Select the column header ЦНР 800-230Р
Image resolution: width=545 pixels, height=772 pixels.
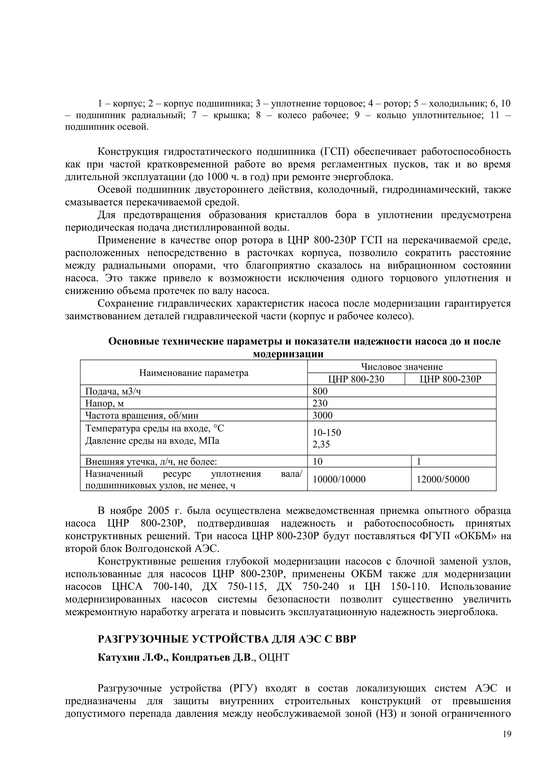pos(450,379)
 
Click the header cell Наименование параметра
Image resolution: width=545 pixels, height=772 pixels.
pos(194,373)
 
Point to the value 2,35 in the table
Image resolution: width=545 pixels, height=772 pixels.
pos(321,445)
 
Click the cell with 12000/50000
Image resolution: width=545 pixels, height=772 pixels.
pos(443,480)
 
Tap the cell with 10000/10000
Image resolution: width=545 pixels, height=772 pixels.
pos(339,480)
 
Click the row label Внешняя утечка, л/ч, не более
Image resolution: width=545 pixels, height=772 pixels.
pos(151,462)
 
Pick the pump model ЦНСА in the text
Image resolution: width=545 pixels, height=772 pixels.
pos(127,587)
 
